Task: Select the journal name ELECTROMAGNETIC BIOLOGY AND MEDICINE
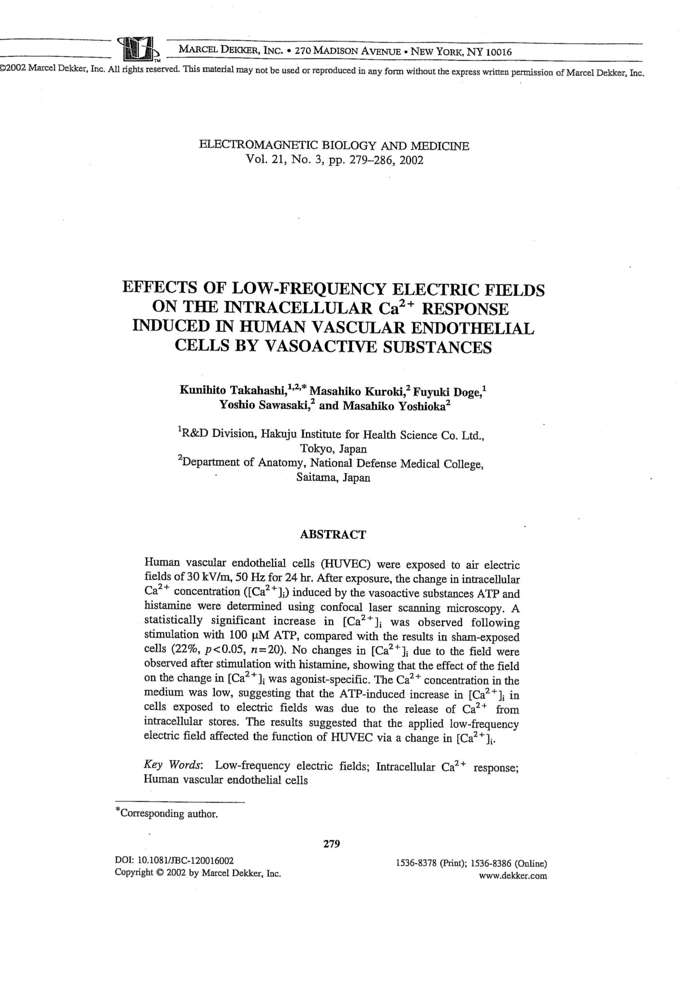pyautogui.click(x=334, y=146)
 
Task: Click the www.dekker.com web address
pyautogui.click(x=513, y=875)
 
